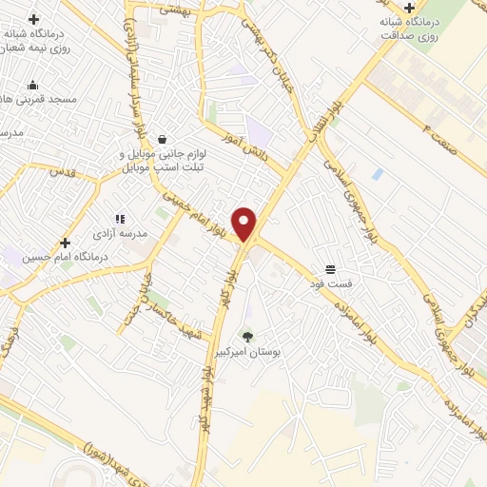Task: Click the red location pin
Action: click(245, 224)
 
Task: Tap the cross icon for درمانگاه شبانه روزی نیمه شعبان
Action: click(34, 19)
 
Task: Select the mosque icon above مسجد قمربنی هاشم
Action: click(33, 84)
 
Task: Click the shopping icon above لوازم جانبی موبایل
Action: click(163, 139)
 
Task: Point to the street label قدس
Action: click(61, 173)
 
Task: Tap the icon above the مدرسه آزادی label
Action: click(120, 218)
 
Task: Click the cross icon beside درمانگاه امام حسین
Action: click(65, 243)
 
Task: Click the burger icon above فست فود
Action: click(330, 270)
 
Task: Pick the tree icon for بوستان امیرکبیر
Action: click(247, 336)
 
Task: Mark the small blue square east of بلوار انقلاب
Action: click(378, 174)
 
